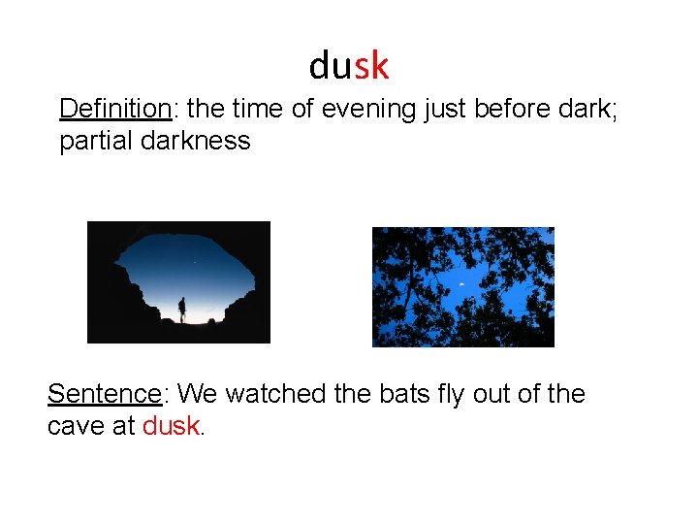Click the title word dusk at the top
pos(349,65)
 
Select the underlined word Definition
pos(113,109)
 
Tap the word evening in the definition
pos(369,109)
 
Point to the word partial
pos(96,141)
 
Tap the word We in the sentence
pos(198,394)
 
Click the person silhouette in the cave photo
pos(181,310)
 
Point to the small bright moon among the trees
pos(461,283)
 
